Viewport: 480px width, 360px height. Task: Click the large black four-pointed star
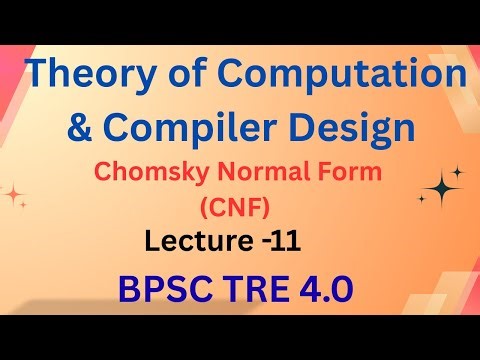(441, 186)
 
